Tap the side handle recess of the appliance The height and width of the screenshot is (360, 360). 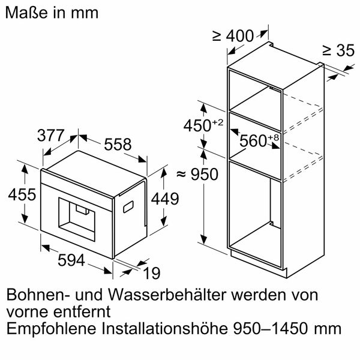(128, 206)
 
